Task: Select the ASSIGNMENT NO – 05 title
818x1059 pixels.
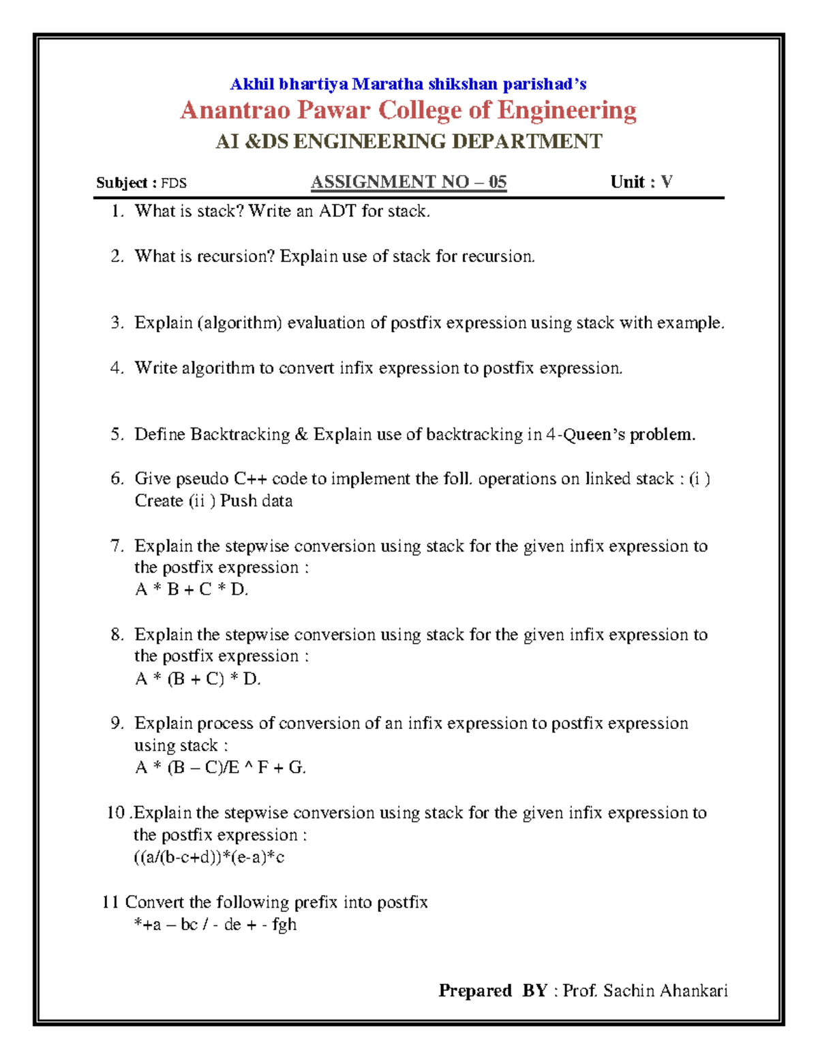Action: (x=408, y=182)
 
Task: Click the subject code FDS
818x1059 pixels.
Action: (x=174, y=183)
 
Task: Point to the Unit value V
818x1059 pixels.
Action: (x=667, y=182)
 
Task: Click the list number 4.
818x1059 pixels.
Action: (x=117, y=368)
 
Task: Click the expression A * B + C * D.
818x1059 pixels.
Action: (x=192, y=590)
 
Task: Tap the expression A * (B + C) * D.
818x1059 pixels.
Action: (x=198, y=679)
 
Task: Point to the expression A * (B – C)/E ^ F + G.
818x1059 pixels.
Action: (x=220, y=768)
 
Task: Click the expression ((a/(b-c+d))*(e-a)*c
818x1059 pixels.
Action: (x=209, y=857)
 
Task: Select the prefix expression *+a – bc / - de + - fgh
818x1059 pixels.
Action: (x=215, y=925)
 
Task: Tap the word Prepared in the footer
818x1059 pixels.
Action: (x=475, y=991)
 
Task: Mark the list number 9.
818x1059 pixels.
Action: (x=117, y=724)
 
